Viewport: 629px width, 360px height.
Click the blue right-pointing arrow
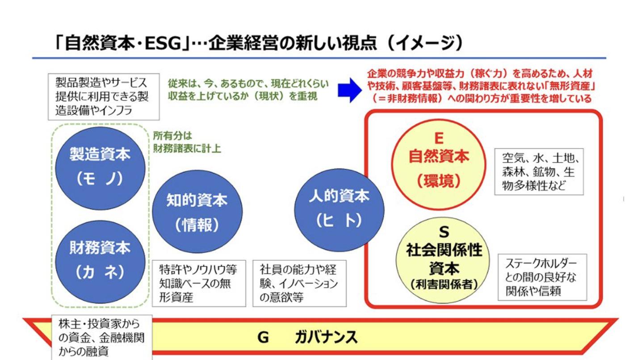[350, 90]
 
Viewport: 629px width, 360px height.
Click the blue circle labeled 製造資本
[100, 168]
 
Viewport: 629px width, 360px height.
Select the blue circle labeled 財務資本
[100, 262]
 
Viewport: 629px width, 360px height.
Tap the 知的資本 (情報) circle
[197, 211]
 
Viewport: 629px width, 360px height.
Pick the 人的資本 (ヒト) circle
[339, 210]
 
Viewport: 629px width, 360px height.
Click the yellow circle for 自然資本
[439, 164]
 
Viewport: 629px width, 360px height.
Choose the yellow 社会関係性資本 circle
[443, 260]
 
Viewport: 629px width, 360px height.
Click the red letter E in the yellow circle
[439, 138]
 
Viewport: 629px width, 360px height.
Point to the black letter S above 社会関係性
[444, 232]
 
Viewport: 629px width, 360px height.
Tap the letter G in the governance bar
[263, 337]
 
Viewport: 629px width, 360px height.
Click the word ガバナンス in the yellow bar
[326, 337]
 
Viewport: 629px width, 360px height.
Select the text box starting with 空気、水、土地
[539, 172]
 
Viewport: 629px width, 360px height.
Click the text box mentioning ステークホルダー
[542, 277]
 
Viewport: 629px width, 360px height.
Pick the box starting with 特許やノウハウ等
[199, 283]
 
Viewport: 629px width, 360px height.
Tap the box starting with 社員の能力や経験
[299, 283]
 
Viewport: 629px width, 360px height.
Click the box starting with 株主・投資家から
[102, 337]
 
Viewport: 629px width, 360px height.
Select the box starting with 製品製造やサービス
[104, 97]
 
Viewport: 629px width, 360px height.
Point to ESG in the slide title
[163, 43]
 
